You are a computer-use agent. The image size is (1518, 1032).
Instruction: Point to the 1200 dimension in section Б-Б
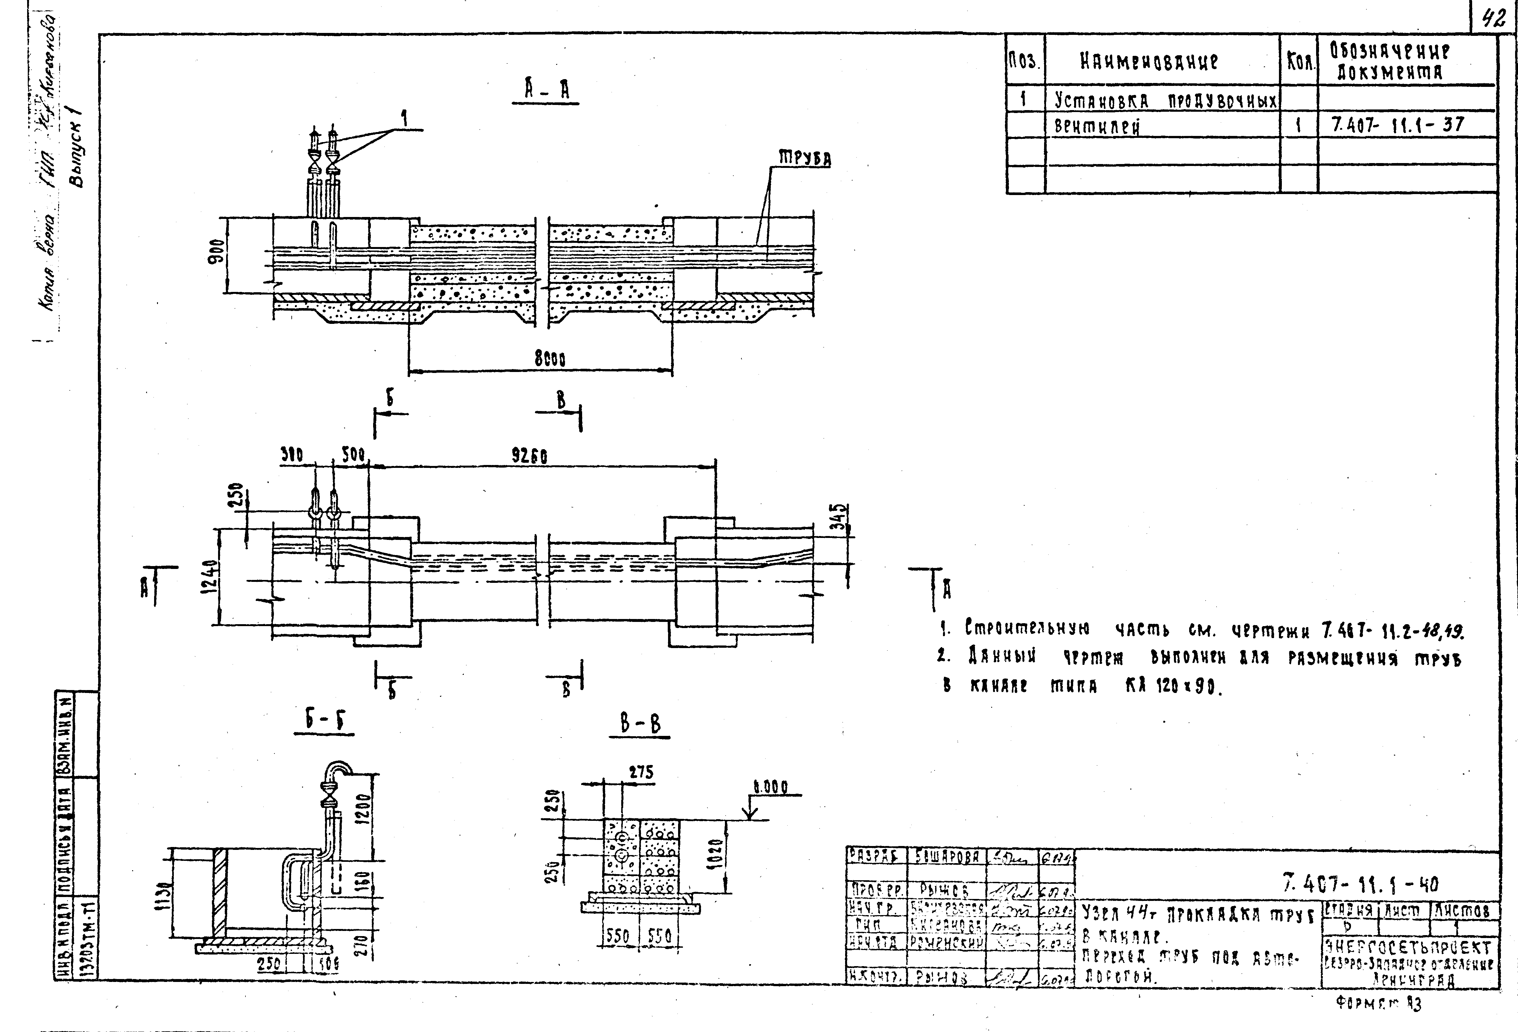click(364, 810)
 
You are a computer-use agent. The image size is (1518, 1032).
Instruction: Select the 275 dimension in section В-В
click(641, 772)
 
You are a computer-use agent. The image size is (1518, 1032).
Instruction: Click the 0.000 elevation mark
click(771, 787)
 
